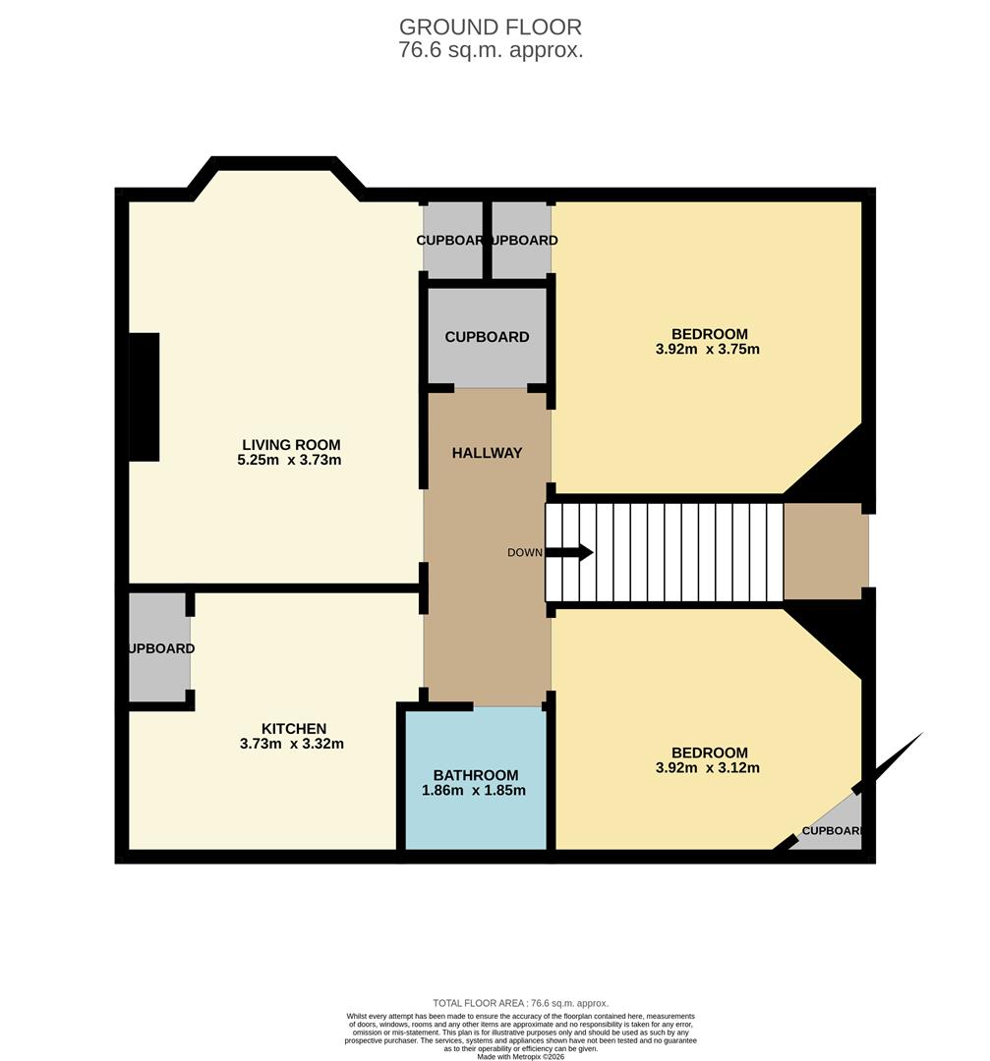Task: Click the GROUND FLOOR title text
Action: (x=491, y=27)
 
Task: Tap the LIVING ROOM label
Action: (x=291, y=444)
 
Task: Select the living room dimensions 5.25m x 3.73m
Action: (x=291, y=460)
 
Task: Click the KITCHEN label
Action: (x=293, y=728)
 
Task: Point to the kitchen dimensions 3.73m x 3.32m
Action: (x=292, y=744)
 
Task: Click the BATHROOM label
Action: (x=476, y=775)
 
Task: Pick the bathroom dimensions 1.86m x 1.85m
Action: (x=476, y=791)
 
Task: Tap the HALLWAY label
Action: (x=487, y=453)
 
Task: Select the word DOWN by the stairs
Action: (x=524, y=552)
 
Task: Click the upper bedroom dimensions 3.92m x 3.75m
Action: (x=708, y=349)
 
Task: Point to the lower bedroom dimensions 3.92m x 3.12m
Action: (x=708, y=768)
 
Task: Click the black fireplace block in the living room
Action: (x=144, y=397)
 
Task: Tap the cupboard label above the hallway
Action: (x=487, y=337)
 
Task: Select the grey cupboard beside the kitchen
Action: (x=159, y=648)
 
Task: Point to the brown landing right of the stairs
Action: (x=826, y=551)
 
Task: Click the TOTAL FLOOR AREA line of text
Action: (x=520, y=1002)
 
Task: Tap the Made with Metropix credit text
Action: (x=521, y=1056)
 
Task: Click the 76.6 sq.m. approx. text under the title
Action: (x=491, y=51)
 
